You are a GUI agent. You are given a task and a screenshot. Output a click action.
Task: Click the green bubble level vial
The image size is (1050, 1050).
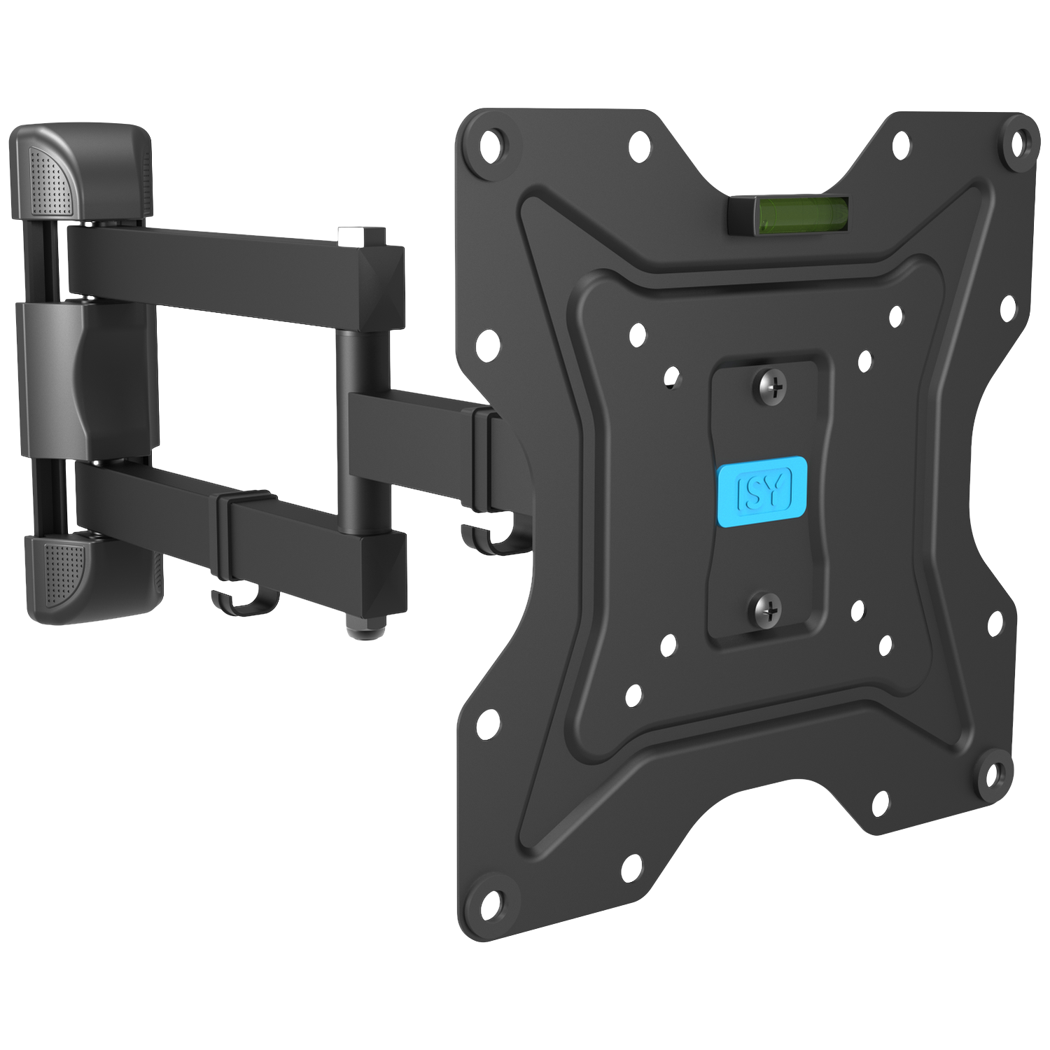(788, 213)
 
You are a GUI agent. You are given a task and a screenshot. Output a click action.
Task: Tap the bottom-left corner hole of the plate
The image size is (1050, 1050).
(493, 899)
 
